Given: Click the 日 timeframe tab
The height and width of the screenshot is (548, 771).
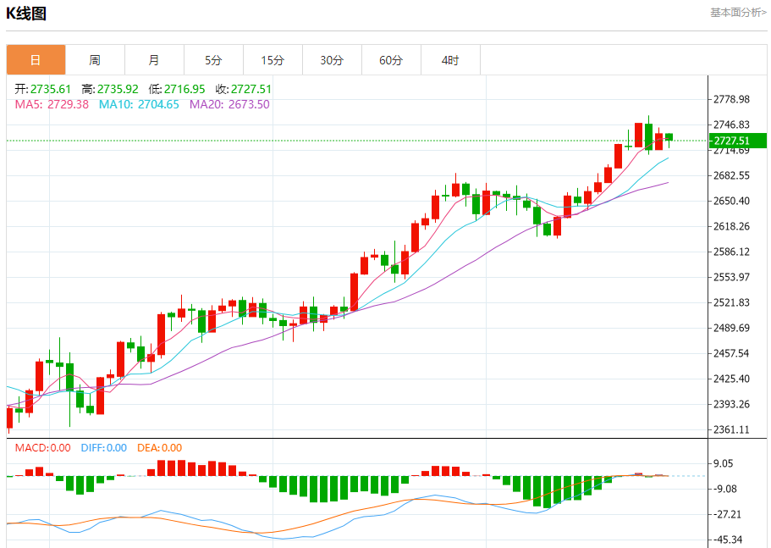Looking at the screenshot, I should click(36, 60).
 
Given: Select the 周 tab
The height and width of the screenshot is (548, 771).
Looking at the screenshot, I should click(95, 60).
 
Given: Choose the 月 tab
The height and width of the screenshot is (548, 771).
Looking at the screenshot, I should click(154, 60).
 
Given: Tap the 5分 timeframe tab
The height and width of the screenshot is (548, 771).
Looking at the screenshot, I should click(213, 60).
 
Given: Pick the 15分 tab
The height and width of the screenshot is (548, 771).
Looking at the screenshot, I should click(273, 60).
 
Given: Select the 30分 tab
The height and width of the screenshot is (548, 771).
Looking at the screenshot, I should click(332, 60).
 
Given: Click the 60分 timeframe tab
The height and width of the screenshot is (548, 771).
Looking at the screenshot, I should click(391, 60).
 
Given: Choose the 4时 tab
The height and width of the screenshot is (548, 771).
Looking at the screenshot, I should click(450, 60).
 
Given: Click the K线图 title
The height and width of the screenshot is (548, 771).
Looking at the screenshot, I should click(26, 13).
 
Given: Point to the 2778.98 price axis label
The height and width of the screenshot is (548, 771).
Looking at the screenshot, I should click(731, 99).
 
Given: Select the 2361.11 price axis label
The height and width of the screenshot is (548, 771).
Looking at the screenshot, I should click(731, 429).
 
